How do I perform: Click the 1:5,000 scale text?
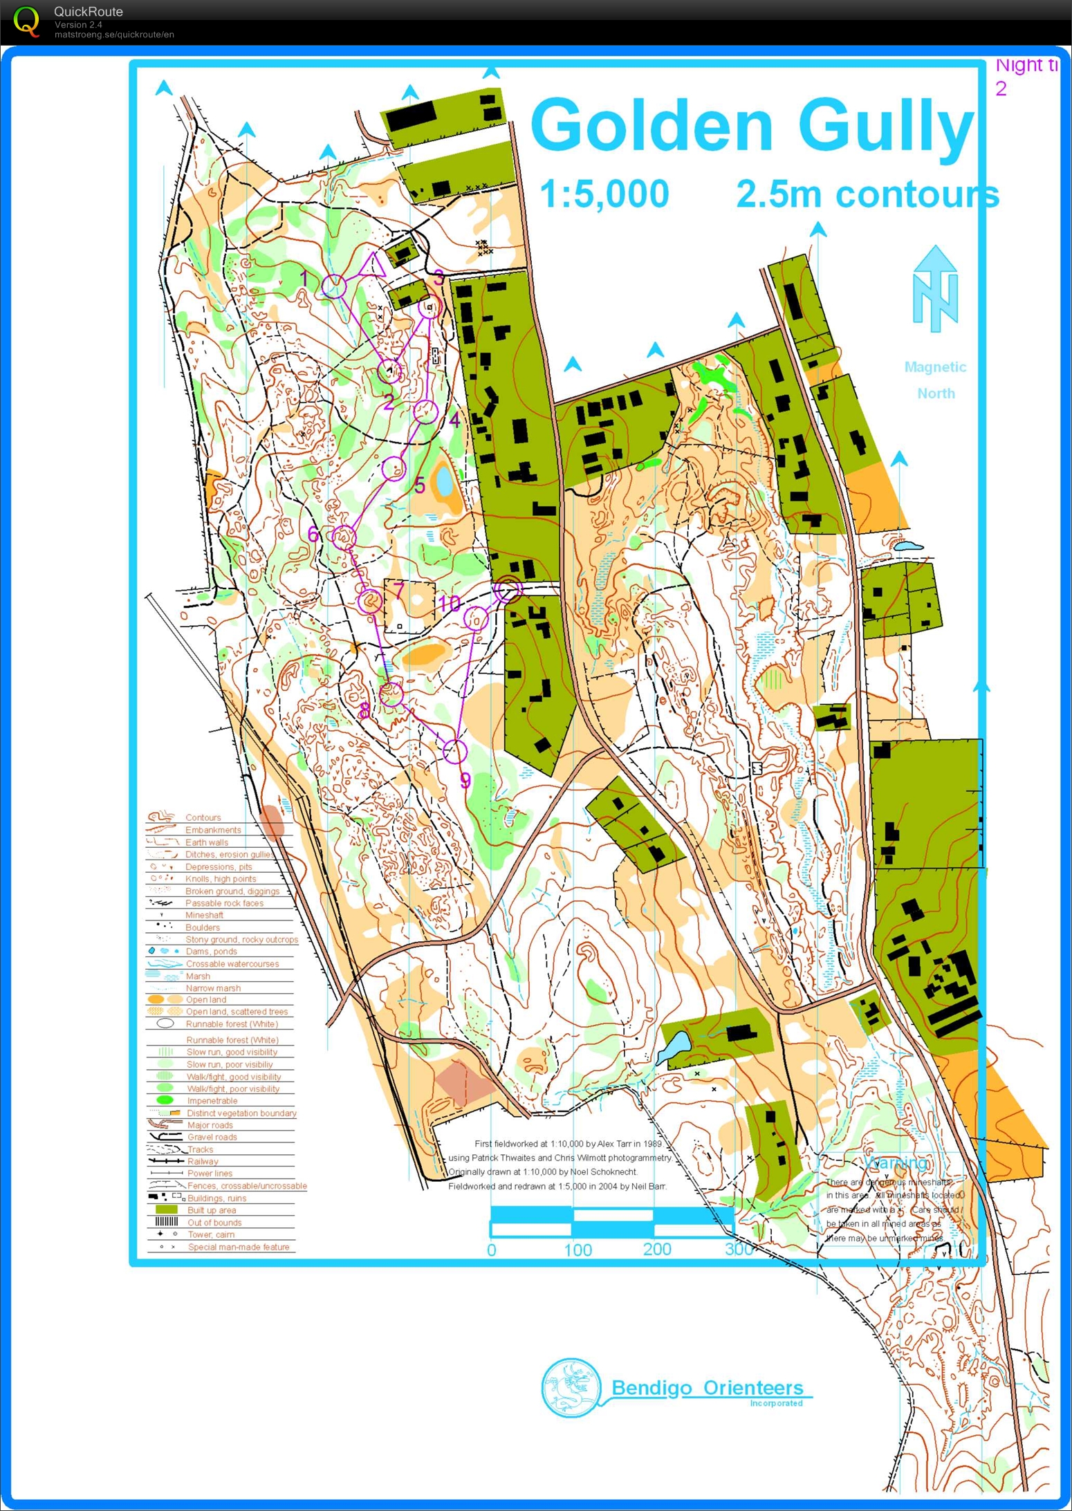click(x=604, y=194)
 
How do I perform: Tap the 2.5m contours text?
click(x=867, y=194)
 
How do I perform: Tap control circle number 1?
click(x=334, y=286)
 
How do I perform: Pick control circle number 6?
click(x=344, y=536)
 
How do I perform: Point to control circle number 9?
click(x=454, y=750)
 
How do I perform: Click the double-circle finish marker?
click(x=508, y=590)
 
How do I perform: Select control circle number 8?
click(x=391, y=694)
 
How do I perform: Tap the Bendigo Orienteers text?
click(x=707, y=1388)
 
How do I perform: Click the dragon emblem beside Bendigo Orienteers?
click(x=571, y=1387)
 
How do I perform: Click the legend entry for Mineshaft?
click(x=204, y=915)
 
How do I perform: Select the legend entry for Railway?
click(x=203, y=1161)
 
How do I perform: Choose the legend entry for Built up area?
click(x=211, y=1210)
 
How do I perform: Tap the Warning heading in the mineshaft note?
click(x=895, y=1162)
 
